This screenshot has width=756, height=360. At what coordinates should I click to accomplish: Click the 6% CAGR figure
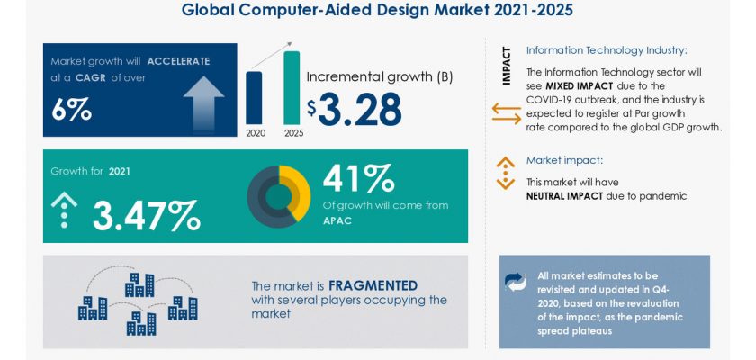(71, 111)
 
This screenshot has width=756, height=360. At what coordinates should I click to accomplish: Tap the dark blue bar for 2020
(254, 98)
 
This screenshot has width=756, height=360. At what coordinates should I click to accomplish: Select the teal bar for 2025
(292, 87)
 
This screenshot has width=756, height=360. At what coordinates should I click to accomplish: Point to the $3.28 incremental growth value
(355, 109)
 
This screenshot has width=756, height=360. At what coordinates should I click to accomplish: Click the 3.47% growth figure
(146, 215)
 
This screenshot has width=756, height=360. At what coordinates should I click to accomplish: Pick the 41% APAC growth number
(359, 178)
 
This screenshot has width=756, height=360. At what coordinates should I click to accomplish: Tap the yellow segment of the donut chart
(296, 192)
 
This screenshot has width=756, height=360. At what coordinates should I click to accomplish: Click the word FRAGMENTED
(373, 285)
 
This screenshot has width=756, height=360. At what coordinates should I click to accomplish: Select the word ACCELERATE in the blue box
(178, 62)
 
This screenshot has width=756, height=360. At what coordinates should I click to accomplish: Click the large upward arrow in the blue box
(203, 103)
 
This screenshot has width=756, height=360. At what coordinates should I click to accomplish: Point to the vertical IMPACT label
(506, 66)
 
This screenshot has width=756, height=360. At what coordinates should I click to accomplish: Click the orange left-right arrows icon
(506, 113)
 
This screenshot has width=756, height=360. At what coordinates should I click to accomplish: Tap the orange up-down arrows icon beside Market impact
(505, 173)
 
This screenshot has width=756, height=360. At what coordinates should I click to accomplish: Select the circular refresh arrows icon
(516, 282)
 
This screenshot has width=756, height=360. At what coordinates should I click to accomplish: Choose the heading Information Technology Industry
(607, 50)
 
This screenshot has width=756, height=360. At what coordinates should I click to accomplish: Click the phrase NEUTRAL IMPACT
(564, 196)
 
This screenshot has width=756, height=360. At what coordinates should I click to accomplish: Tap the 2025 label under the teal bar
(293, 133)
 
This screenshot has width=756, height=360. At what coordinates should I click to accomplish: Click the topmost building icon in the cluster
(139, 284)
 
